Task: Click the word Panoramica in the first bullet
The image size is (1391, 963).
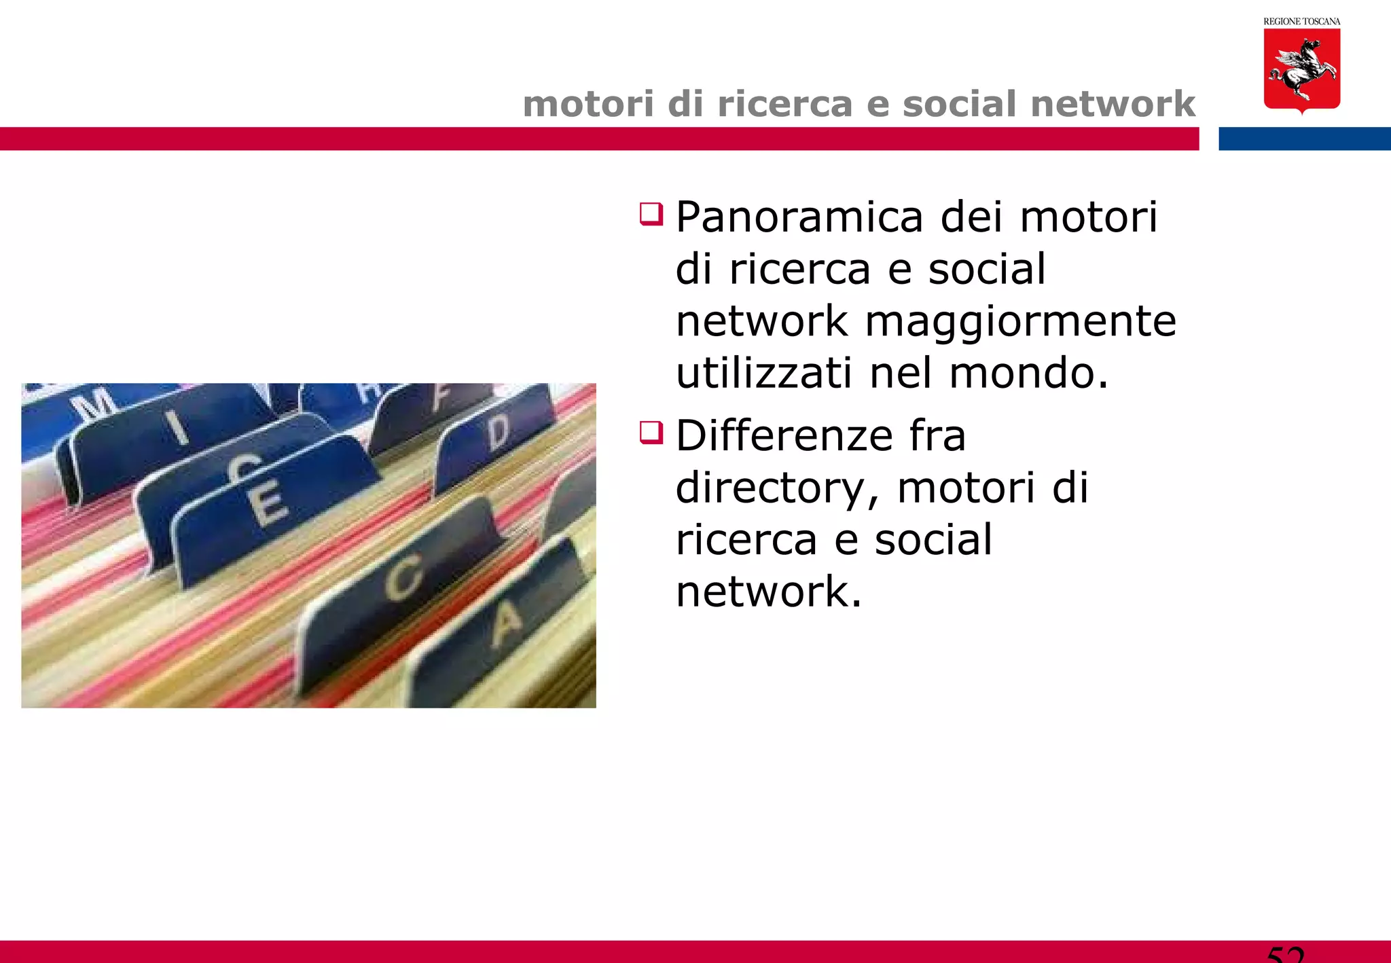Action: tap(799, 218)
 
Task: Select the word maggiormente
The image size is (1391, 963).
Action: tap(1020, 321)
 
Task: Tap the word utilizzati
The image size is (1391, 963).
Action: tap(764, 373)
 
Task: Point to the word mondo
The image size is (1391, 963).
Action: tap(1028, 373)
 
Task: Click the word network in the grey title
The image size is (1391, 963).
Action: tap(1113, 104)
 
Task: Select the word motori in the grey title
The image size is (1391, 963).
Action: tap(588, 104)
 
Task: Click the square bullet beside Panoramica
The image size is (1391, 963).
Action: tap(651, 214)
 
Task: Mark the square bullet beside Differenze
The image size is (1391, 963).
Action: tap(651, 433)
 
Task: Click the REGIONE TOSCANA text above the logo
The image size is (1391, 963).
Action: tap(1301, 22)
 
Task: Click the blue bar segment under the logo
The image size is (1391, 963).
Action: tap(1304, 139)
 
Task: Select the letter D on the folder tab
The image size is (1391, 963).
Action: tap(499, 432)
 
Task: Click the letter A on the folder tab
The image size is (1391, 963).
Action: tap(507, 623)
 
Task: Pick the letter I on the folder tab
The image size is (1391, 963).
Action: tap(177, 427)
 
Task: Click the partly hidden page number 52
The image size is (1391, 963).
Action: tap(1285, 954)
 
